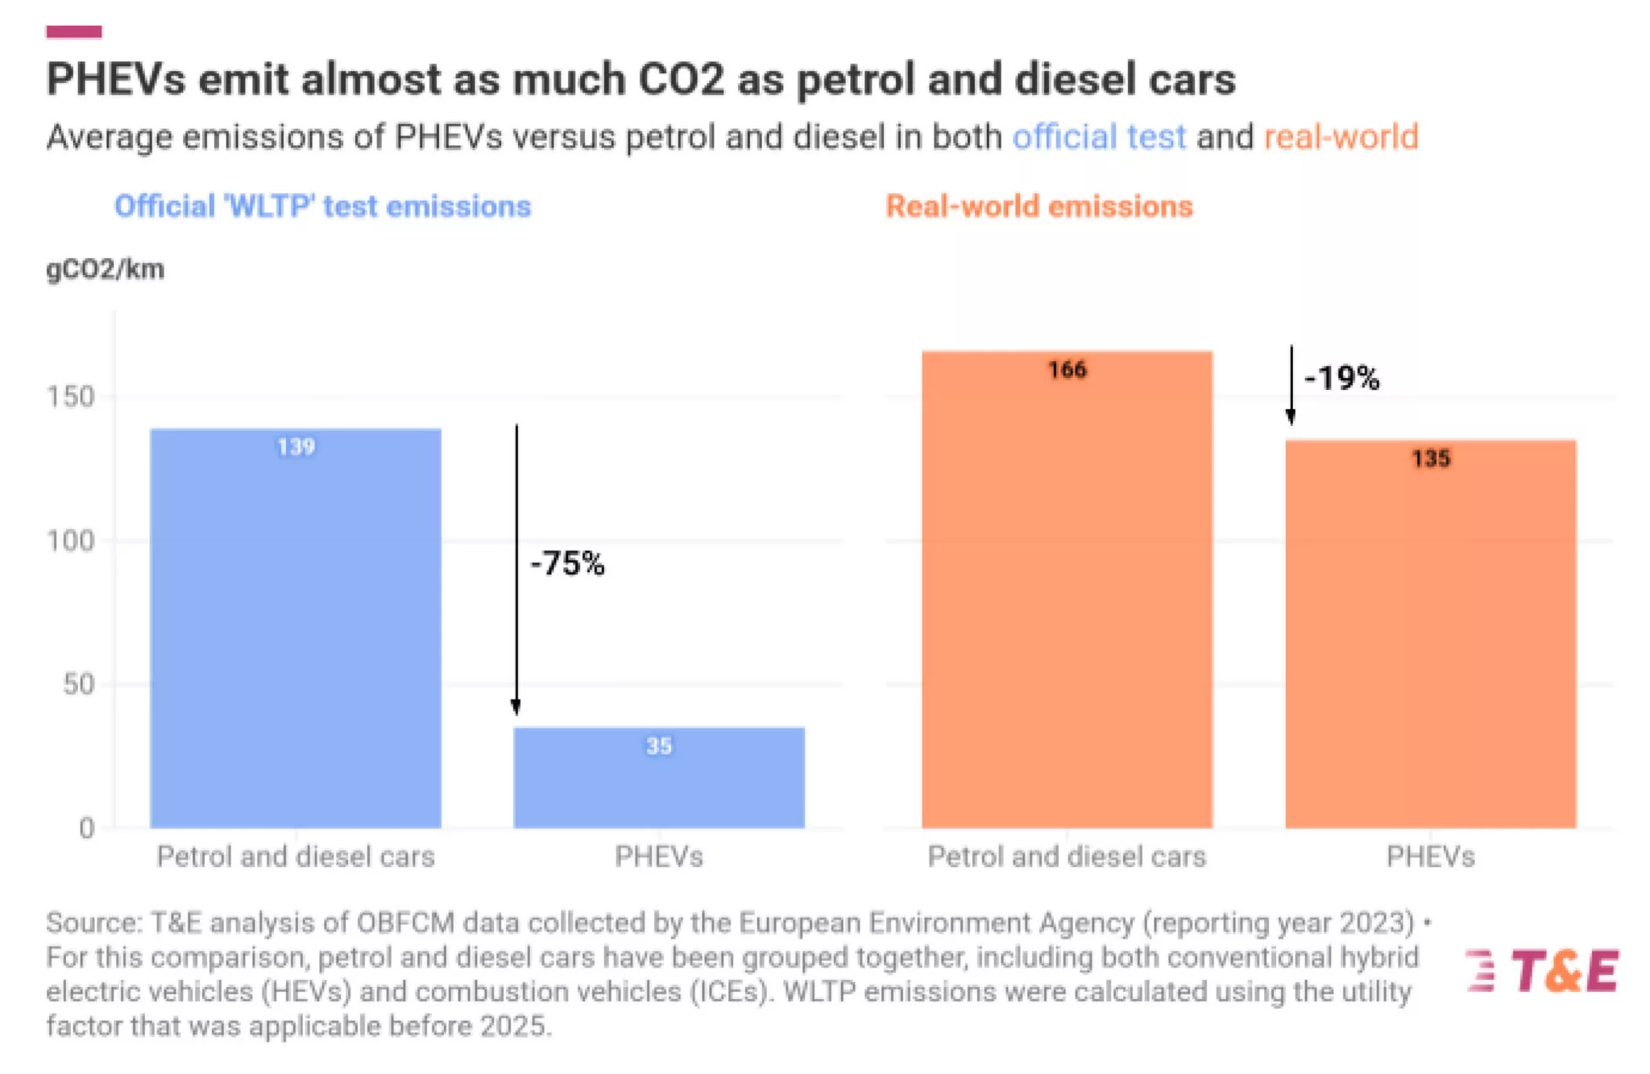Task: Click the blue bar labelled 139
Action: (x=296, y=628)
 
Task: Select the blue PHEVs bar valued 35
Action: (x=659, y=778)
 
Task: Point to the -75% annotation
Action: (x=567, y=563)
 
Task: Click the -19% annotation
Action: (x=1341, y=378)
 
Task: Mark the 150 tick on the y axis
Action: (x=71, y=396)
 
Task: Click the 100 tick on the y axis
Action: (x=71, y=541)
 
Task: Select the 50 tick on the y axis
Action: (x=79, y=685)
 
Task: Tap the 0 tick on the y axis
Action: (x=87, y=828)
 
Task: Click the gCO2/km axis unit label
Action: (x=106, y=269)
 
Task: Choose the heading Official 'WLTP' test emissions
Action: (x=322, y=206)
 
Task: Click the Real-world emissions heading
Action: (x=1039, y=206)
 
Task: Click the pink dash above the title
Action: (x=74, y=32)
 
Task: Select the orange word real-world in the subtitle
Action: (x=1341, y=137)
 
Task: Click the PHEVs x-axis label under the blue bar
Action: (x=659, y=856)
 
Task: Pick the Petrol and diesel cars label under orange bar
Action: (x=1067, y=856)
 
